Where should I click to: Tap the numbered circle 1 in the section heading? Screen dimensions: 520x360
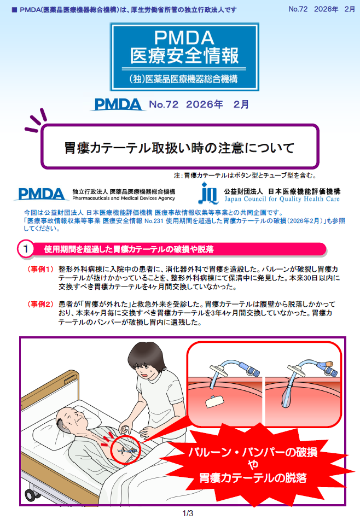[26, 249]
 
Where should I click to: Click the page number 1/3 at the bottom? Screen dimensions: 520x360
[187, 513]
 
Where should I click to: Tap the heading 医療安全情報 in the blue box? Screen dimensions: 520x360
[184, 56]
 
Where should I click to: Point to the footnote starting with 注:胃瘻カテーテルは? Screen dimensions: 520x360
[245, 176]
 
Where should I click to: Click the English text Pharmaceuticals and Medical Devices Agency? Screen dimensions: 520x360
[124, 199]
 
